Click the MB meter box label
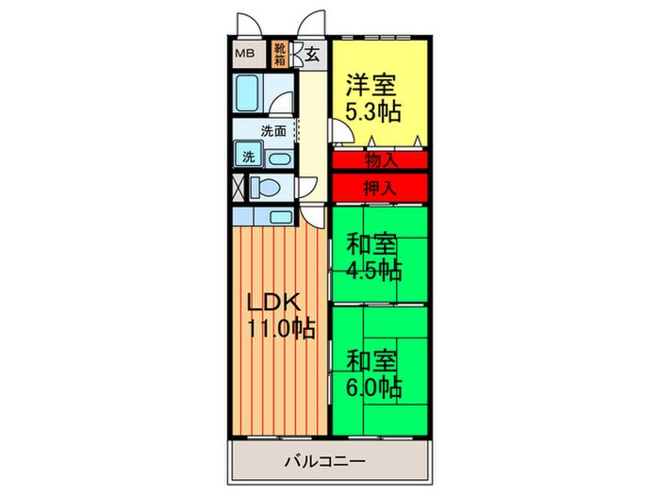242,54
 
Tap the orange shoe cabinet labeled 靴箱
280,54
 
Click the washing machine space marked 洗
247,157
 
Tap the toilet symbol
270,185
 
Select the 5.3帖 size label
374,111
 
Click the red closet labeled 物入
379,159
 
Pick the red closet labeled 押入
379,187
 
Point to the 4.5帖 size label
374,271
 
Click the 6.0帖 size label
374,387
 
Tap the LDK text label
272,303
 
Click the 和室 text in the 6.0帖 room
370,361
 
